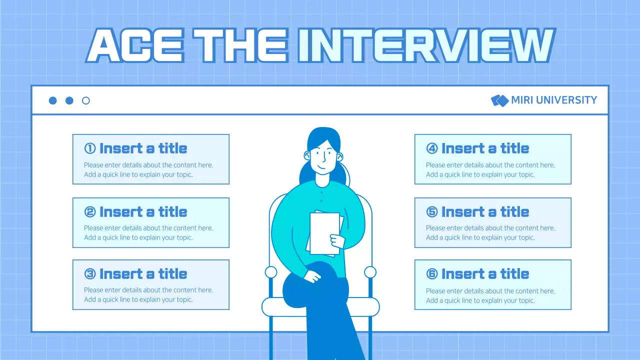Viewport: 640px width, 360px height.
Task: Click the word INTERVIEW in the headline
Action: [425, 45]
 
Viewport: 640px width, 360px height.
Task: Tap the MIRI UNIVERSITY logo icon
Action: [499, 100]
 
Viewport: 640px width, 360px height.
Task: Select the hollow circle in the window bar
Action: [86, 100]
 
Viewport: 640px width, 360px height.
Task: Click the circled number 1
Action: [89, 148]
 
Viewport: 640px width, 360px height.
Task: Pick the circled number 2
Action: [89, 212]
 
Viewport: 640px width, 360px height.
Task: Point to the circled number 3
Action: [89, 274]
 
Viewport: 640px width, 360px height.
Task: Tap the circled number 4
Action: [431, 148]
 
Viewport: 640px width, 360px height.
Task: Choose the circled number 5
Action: [431, 212]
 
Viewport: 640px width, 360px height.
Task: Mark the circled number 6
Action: [431, 274]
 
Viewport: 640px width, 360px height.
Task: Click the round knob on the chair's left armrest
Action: [270, 272]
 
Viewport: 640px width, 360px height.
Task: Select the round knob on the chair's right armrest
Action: [370, 272]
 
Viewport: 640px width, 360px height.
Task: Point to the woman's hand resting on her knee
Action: [312, 275]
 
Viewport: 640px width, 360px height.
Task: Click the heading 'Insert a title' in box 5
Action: [485, 212]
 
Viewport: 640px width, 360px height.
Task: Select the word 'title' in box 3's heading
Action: [172, 274]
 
